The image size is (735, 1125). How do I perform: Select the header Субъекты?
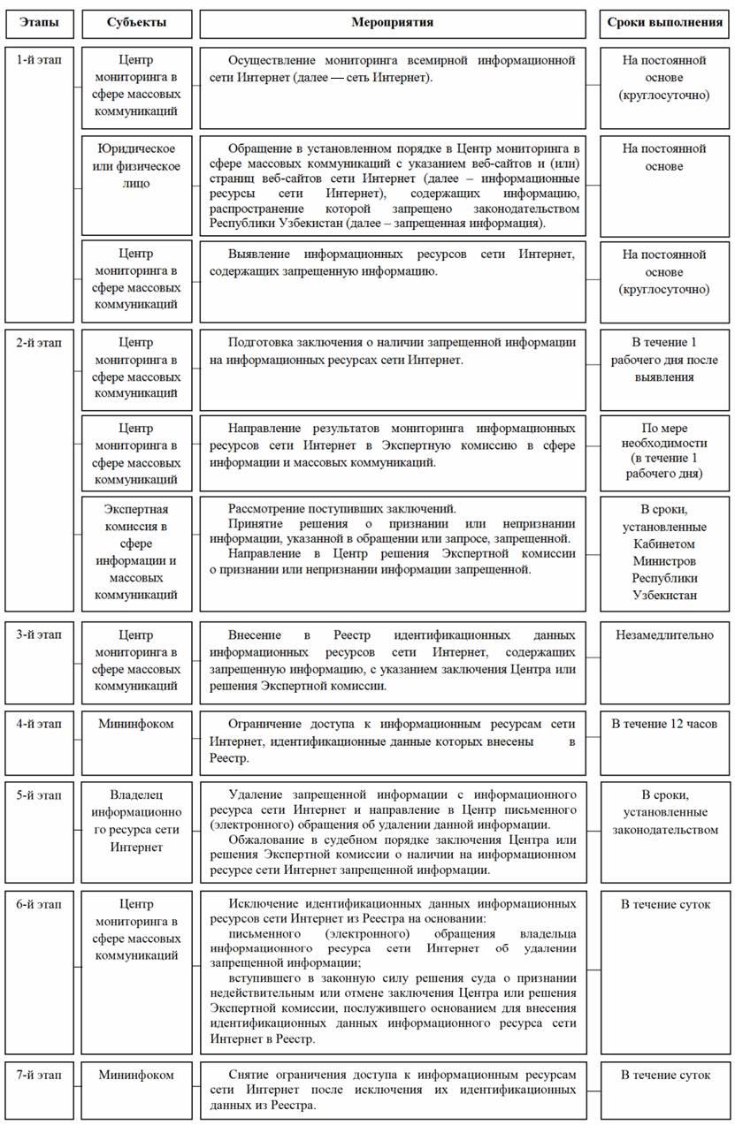pyautogui.click(x=135, y=20)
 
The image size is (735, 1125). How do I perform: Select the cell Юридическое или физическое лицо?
pyautogui.click(x=135, y=166)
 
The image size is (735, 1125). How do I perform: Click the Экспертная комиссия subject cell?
pyautogui.click(x=135, y=552)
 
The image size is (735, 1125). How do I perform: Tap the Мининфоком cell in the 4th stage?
pyautogui.click(x=135, y=723)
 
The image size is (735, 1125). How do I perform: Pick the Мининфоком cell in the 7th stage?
pyautogui.click(x=135, y=1075)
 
